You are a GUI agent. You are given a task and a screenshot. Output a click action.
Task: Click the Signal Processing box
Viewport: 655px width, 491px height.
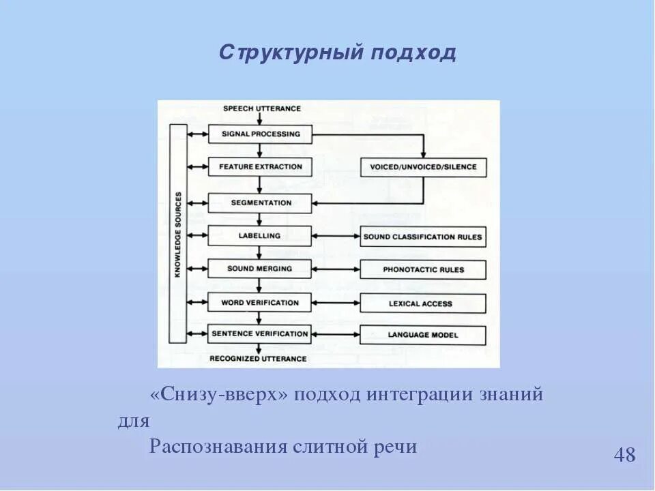(260, 134)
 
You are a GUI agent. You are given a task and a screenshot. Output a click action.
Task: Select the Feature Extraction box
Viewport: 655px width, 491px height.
(260, 166)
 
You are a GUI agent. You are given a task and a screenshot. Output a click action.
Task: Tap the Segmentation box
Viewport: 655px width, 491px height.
(260, 203)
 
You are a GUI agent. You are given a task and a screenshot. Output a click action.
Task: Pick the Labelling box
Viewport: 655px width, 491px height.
(260, 236)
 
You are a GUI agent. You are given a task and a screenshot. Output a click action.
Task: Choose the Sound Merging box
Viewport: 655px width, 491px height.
(260, 269)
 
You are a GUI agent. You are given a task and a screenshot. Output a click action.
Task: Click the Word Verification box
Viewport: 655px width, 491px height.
(260, 302)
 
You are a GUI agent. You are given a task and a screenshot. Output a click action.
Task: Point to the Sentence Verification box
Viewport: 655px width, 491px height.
(260, 334)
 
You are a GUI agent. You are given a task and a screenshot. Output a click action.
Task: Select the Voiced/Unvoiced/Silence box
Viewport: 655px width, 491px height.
(423, 167)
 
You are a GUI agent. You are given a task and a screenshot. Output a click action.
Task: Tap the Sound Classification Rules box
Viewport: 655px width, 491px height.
(423, 237)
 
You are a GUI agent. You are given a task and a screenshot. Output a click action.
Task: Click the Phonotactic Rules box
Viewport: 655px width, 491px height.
(423, 269)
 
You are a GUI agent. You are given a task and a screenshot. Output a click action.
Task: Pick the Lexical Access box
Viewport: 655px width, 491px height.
(423, 303)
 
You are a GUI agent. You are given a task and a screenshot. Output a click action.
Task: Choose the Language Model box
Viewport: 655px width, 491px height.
(423, 335)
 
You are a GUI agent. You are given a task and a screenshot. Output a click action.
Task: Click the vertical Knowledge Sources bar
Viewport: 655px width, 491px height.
(177, 233)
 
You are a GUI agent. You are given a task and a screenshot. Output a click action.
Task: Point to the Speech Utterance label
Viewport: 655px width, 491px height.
(262, 108)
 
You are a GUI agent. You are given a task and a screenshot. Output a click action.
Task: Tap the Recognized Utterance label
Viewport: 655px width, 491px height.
(258, 359)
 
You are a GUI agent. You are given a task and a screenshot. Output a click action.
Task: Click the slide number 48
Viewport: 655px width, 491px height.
(624, 455)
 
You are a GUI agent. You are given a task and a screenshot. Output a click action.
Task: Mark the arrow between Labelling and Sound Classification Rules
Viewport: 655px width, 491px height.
(336, 237)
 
